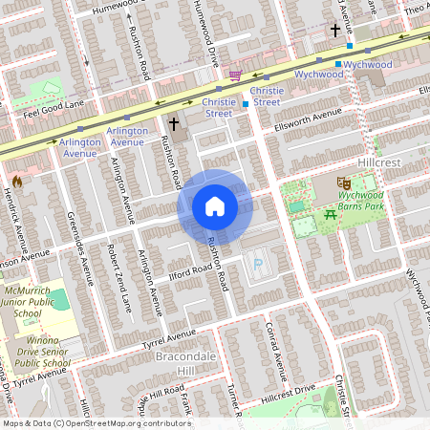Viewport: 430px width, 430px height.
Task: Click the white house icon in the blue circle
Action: click(x=215, y=206)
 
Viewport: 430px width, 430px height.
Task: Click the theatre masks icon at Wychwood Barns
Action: click(x=344, y=182)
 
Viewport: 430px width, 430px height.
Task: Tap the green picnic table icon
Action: click(x=331, y=213)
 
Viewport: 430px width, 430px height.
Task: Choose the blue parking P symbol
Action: click(x=255, y=266)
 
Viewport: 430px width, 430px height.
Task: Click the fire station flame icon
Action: click(x=16, y=181)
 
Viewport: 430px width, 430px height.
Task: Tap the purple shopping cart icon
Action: click(x=235, y=75)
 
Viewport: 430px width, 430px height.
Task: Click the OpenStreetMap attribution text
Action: click(x=97, y=422)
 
